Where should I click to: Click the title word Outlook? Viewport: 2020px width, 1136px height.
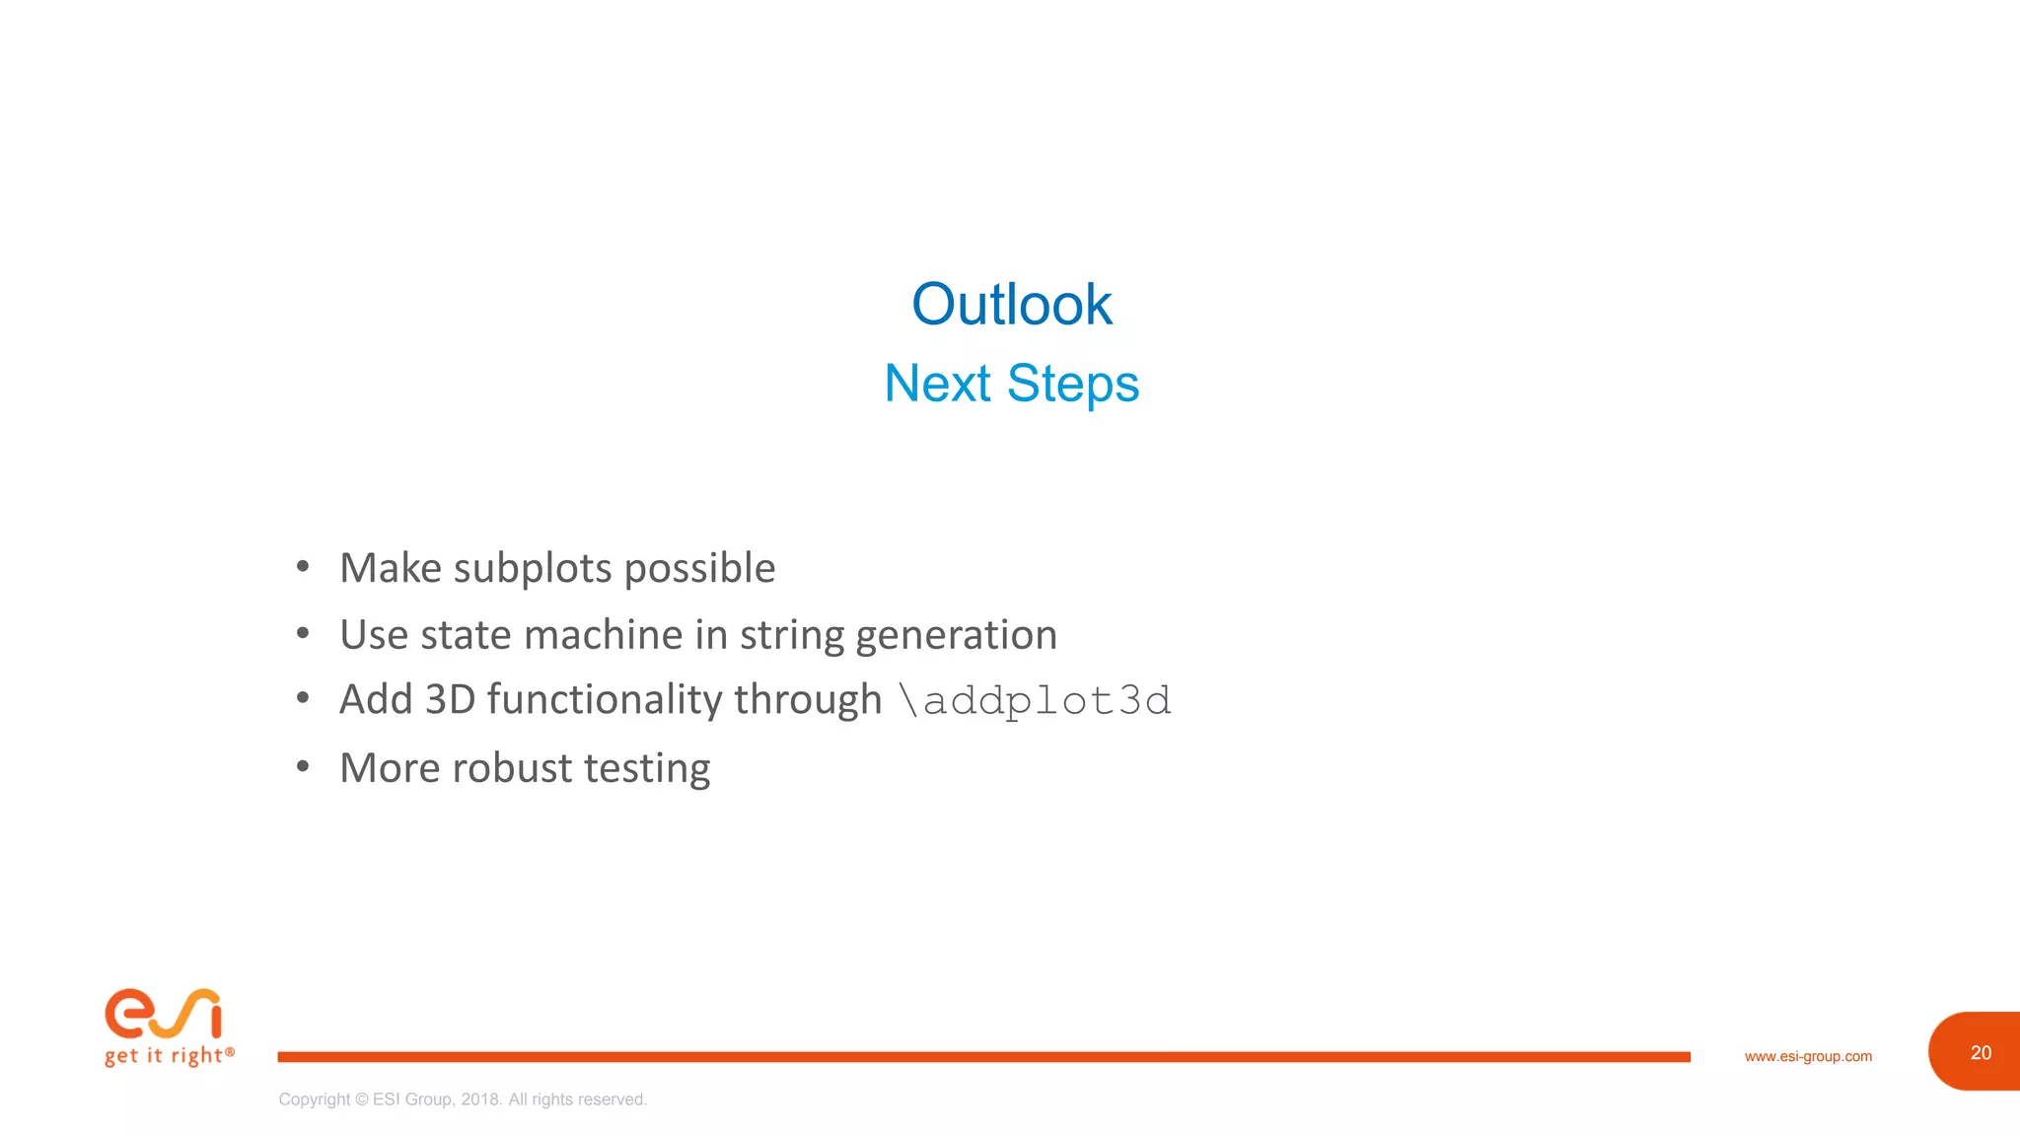[1011, 305]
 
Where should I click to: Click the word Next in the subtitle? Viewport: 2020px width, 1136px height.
[937, 384]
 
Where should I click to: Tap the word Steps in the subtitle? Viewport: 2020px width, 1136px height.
[1072, 385]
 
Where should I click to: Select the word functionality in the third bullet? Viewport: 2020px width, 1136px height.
[605, 700]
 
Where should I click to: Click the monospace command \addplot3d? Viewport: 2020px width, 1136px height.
[1035, 701]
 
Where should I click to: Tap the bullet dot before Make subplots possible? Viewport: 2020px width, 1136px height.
[303, 566]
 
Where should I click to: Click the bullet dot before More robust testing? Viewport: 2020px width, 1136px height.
[303, 766]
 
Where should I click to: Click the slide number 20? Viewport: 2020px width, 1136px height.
[1981, 1052]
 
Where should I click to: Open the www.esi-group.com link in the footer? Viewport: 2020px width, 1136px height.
[1807, 1056]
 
